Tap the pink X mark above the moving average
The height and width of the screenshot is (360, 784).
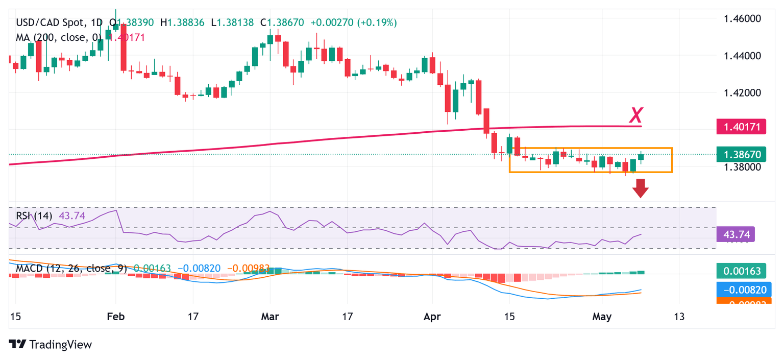(x=635, y=116)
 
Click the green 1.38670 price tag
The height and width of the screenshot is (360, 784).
(x=741, y=154)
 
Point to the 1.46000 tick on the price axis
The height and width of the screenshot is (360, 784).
(x=743, y=19)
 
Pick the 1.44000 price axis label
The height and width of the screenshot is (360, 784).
(x=743, y=56)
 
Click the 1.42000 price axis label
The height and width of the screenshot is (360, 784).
(x=743, y=93)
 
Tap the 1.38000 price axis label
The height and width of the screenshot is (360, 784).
(x=743, y=166)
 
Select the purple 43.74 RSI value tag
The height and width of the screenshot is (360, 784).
(x=736, y=235)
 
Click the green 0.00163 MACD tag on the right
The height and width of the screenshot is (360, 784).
(x=741, y=271)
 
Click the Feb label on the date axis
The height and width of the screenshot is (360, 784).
(x=116, y=316)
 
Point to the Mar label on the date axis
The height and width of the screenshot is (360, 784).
(x=270, y=316)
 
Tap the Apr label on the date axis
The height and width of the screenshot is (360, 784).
(x=432, y=316)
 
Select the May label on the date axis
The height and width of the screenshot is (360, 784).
(x=602, y=316)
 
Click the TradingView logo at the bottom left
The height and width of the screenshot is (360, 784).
(x=51, y=345)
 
